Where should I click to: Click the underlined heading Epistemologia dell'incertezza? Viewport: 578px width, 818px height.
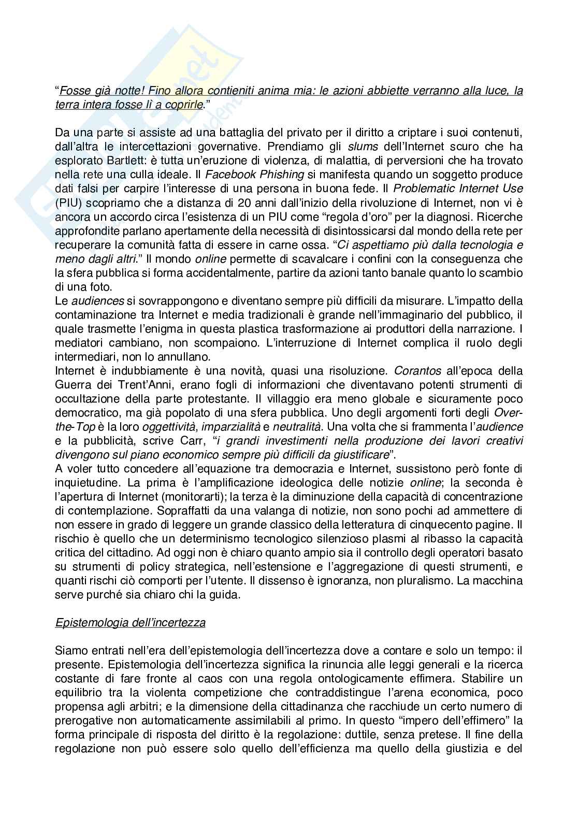tap(130, 622)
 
